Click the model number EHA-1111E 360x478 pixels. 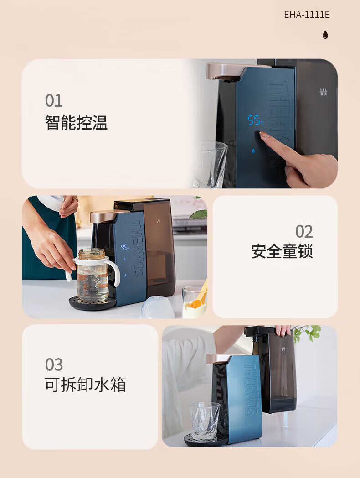pos(307,15)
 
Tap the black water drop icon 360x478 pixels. pos(325,35)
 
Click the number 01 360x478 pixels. pos(54,101)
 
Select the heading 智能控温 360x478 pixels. pos(76,123)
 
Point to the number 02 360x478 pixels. pos(304,232)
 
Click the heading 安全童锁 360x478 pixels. pos(282,251)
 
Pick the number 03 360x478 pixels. pos(54,364)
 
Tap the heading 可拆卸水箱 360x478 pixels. pos(85,384)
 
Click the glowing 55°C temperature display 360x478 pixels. pos(255,120)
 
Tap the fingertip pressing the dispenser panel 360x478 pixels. pos(262,134)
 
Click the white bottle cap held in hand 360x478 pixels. pos(51,203)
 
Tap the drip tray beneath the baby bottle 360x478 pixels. pos(93,303)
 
